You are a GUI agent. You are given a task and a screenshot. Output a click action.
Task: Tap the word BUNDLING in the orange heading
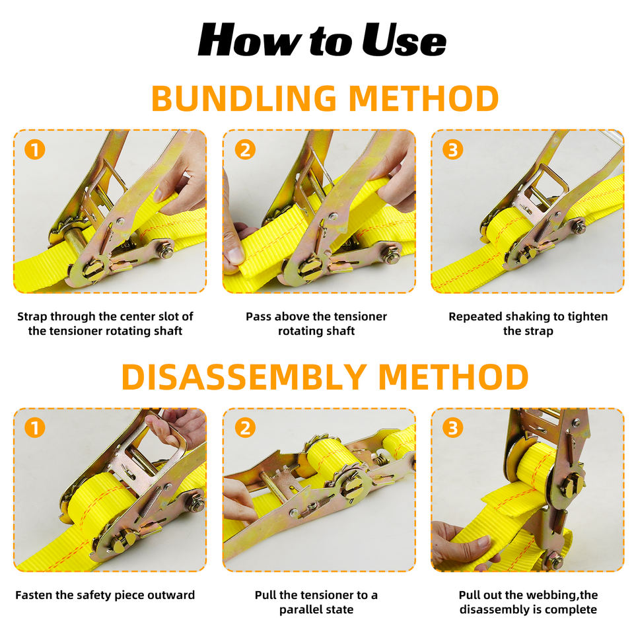[x=244, y=98]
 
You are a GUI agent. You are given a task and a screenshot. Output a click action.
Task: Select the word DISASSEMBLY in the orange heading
[x=244, y=377]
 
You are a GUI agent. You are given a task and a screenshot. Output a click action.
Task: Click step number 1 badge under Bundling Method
[x=35, y=149]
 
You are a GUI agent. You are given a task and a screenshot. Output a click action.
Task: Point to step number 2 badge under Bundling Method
[x=245, y=149]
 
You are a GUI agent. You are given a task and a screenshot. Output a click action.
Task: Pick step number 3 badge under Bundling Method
[x=453, y=149]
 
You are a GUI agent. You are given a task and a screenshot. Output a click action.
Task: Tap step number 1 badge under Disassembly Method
[x=35, y=428]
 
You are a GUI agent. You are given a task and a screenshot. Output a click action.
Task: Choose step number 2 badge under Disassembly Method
[x=245, y=428]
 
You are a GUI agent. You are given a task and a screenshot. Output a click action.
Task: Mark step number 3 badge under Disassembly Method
[x=453, y=428]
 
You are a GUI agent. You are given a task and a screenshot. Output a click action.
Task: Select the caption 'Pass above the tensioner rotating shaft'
[x=316, y=324]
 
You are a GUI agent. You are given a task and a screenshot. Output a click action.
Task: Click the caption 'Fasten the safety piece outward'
[x=105, y=595]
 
